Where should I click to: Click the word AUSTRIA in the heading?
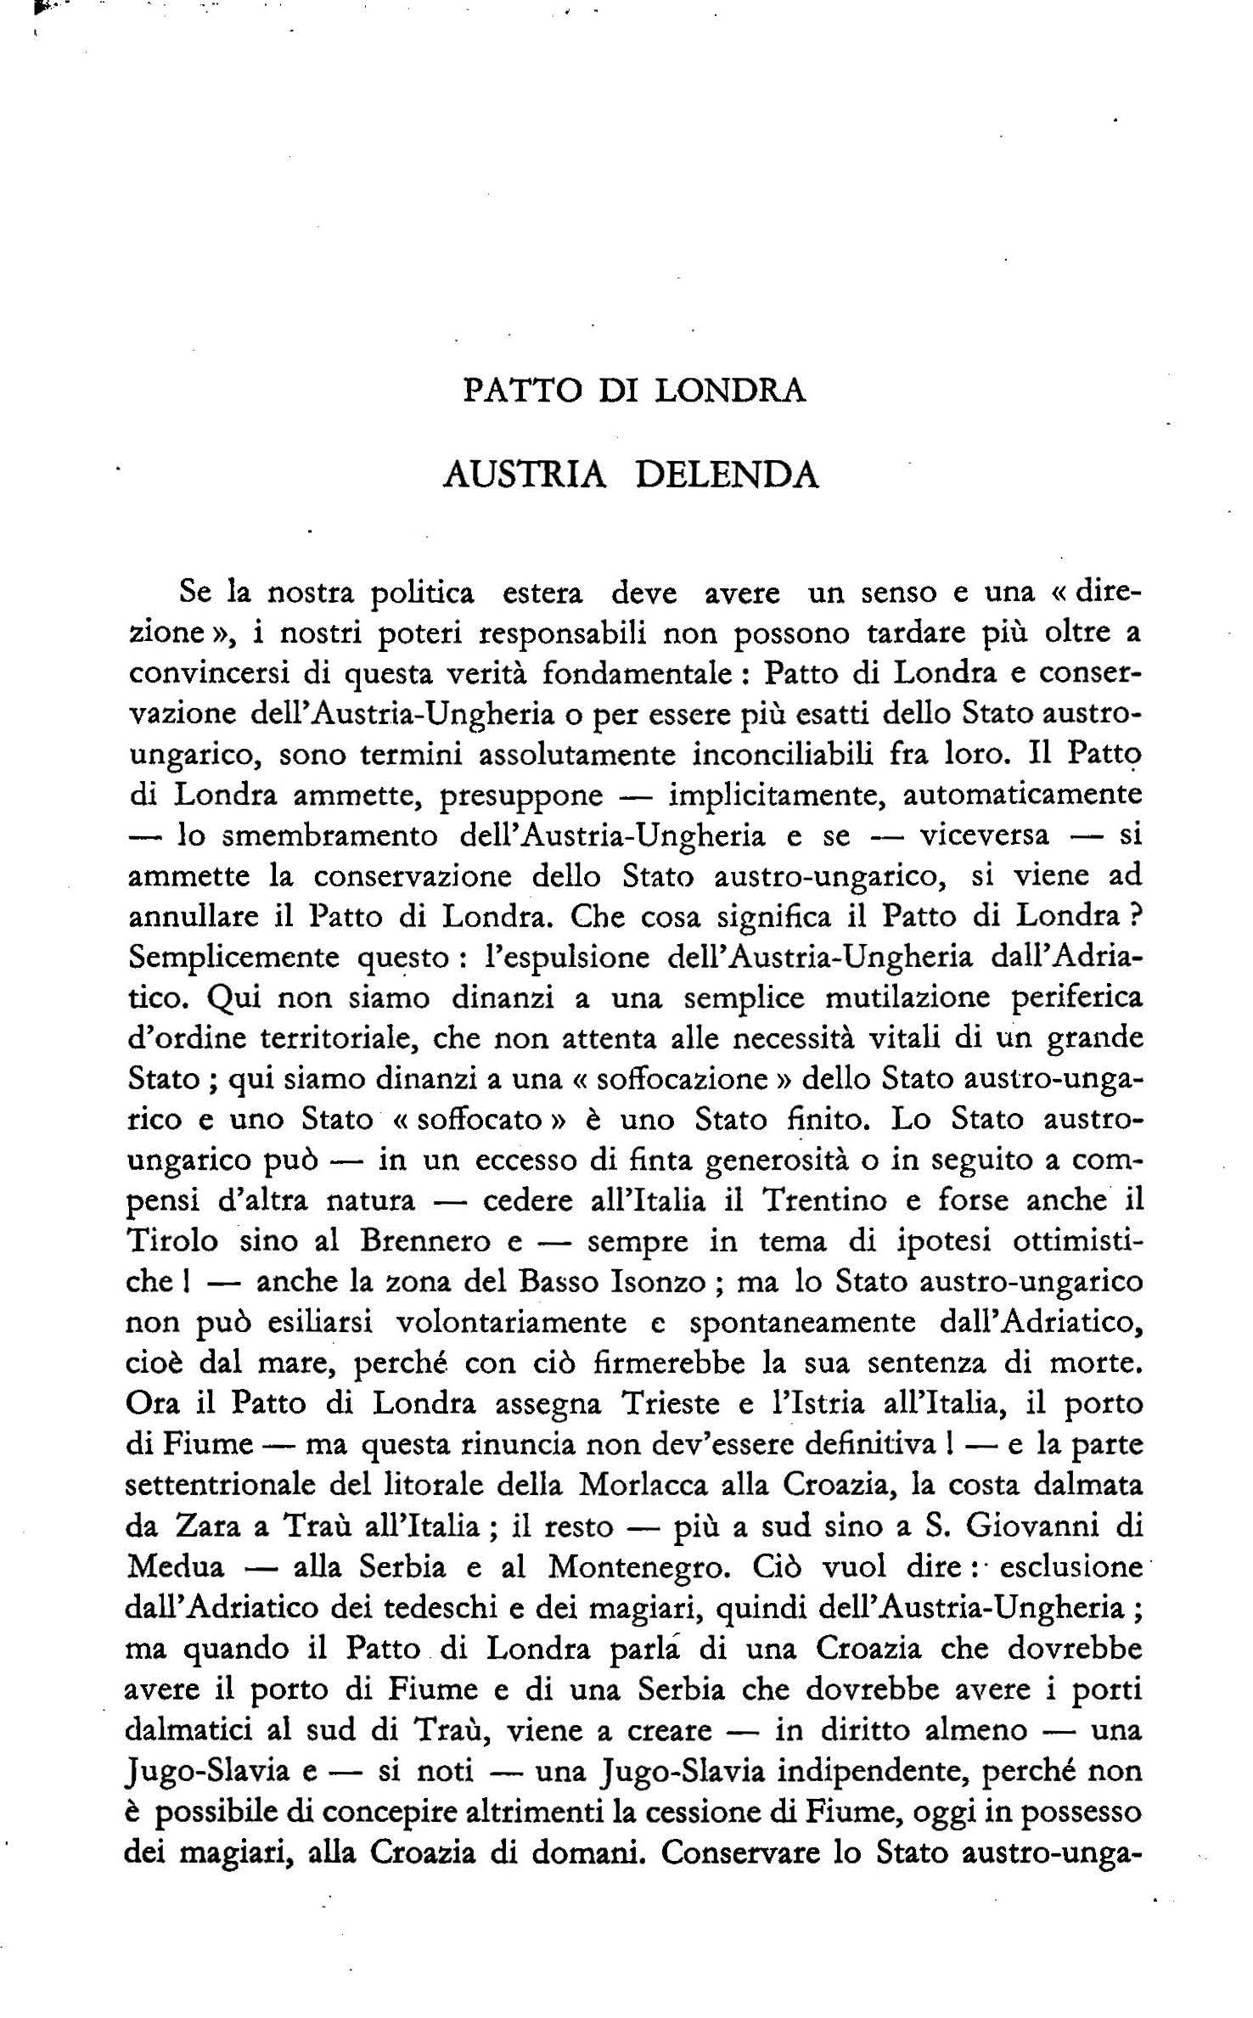coord(525,475)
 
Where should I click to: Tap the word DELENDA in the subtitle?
coord(727,475)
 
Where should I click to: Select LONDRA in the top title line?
coord(732,391)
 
